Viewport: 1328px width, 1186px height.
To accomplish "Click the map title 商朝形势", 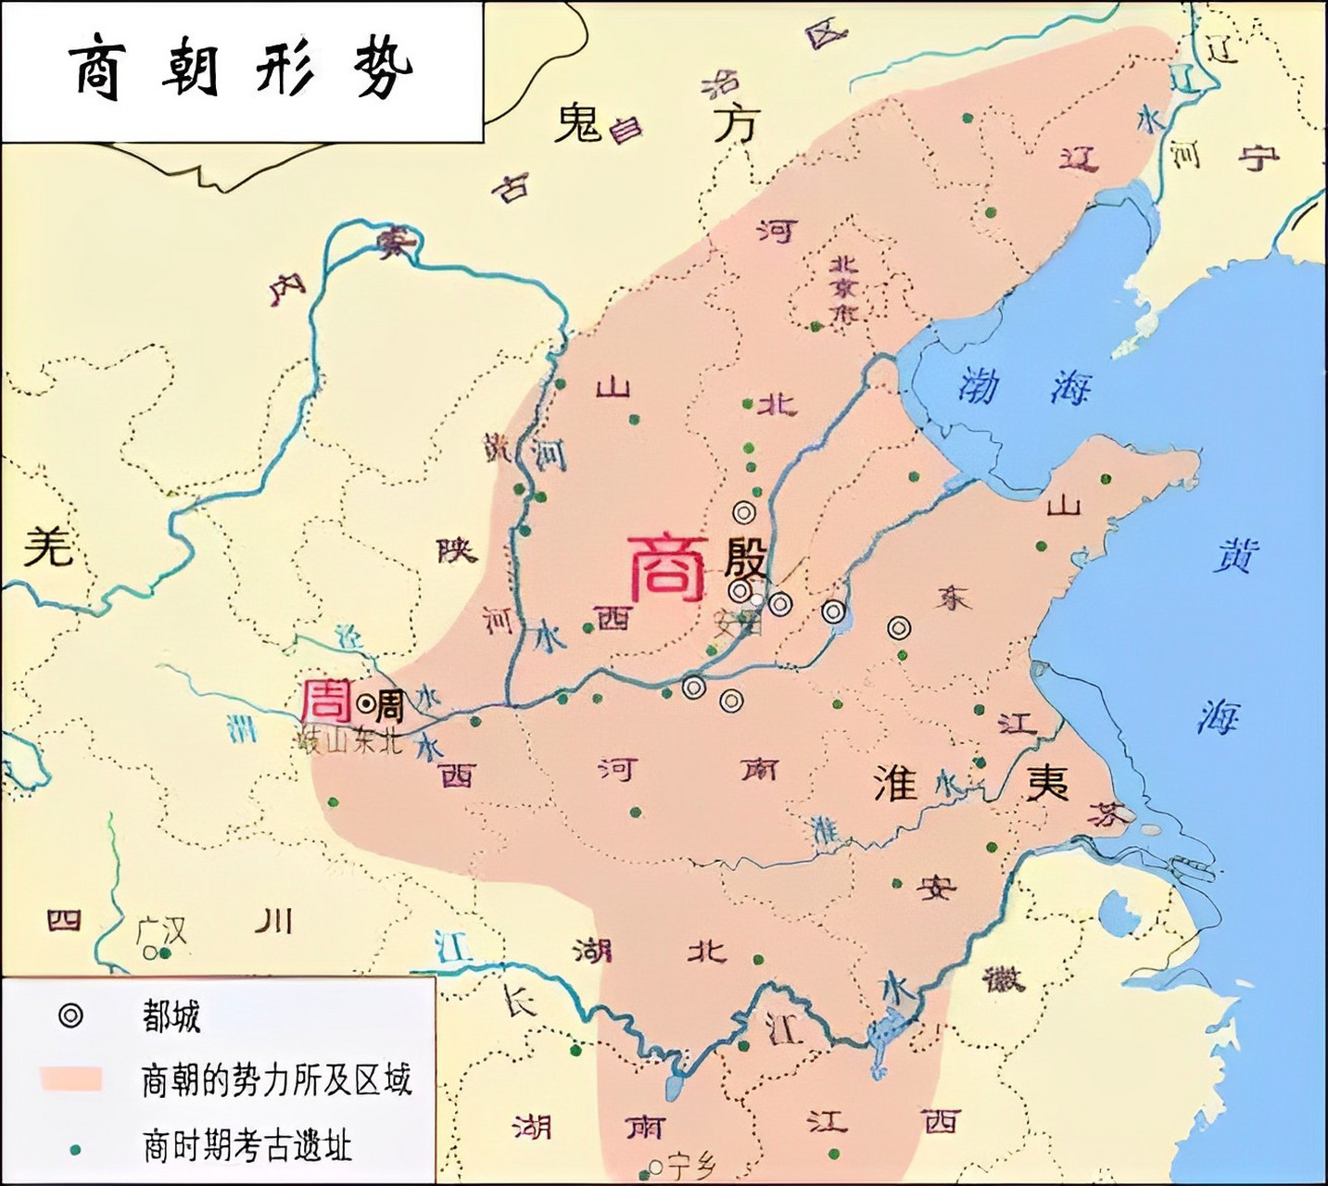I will coord(241,70).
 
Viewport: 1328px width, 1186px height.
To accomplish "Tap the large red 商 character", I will coord(667,567).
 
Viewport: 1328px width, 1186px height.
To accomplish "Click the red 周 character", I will coord(327,701).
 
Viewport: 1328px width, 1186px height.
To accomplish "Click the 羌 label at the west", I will coord(47,546).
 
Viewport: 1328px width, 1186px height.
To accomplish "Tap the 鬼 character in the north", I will coord(579,123).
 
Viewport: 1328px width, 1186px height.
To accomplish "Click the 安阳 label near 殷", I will coord(740,623).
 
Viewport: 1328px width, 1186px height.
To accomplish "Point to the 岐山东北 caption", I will coord(347,742).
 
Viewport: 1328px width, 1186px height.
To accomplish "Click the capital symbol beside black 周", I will coord(365,705).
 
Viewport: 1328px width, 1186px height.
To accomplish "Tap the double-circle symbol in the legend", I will coord(70,1016).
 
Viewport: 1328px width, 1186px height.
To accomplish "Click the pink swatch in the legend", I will coord(70,1079).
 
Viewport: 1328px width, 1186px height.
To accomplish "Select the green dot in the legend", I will coord(74,1148).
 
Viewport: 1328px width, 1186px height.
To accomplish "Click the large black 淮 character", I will coord(895,783).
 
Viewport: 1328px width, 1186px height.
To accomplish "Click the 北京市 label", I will coord(844,288).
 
